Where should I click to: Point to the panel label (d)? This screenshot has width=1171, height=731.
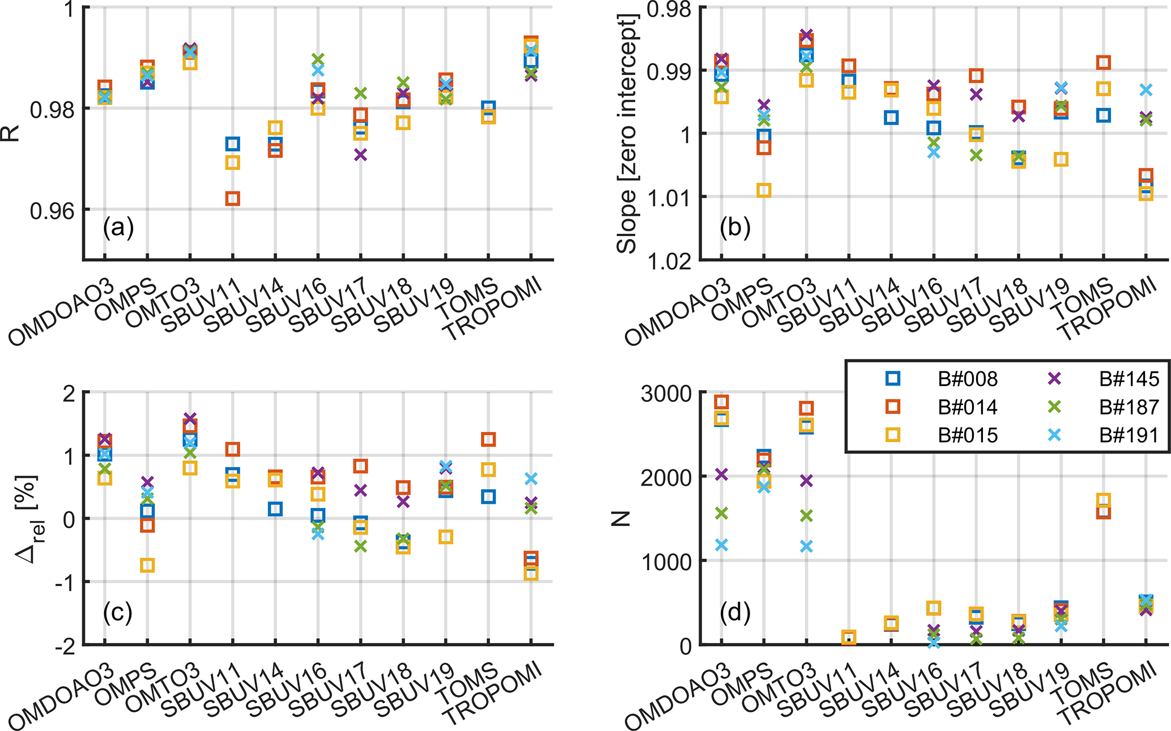[x=735, y=612]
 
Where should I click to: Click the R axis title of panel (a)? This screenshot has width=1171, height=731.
[x=11, y=134]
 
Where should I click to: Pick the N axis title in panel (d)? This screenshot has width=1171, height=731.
[x=621, y=519]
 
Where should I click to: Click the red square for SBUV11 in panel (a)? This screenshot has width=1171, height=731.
[x=232, y=199]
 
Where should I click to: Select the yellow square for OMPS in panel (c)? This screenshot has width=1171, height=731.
[x=147, y=565]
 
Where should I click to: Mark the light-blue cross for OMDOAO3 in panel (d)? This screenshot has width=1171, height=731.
[x=721, y=545]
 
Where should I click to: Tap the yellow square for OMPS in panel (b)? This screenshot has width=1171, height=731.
[x=764, y=190]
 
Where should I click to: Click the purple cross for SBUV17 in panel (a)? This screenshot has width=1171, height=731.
[x=360, y=155]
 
